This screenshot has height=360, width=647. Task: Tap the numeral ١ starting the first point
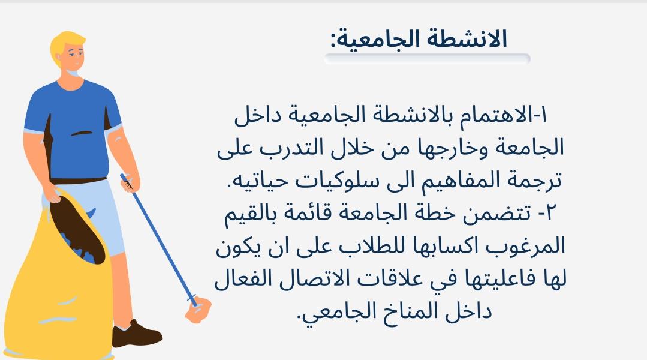543,115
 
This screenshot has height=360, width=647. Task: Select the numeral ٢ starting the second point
551,213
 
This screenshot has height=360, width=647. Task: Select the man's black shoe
136,334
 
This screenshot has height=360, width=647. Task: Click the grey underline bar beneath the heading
427,59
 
